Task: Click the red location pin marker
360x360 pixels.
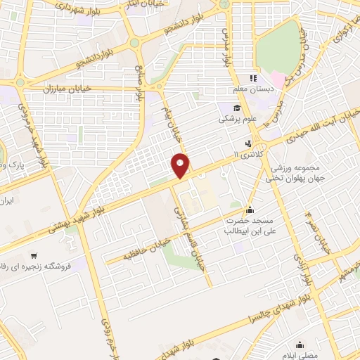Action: (x=181, y=165)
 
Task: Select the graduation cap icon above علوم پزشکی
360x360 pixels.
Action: (x=238, y=108)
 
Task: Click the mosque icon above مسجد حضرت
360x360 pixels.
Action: (x=249, y=210)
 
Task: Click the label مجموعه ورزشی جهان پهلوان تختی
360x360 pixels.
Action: (x=292, y=173)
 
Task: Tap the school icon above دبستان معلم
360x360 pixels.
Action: (x=255, y=78)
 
